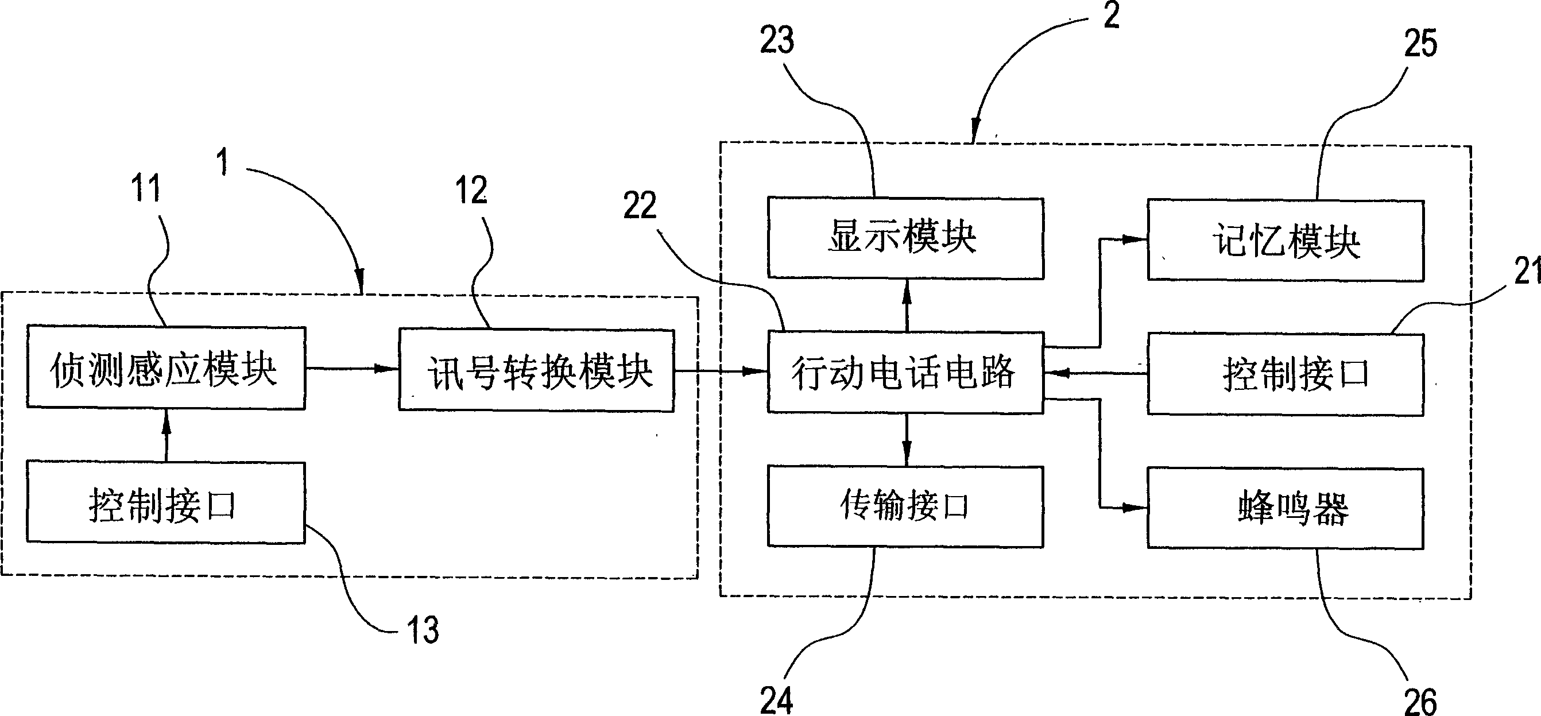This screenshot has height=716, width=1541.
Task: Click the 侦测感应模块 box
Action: [166, 368]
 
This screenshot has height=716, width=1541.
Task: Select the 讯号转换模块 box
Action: [537, 370]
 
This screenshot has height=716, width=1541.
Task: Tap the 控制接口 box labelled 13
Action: [166, 502]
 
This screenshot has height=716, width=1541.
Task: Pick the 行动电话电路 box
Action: [905, 372]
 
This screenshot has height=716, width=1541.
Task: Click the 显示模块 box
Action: [905, 238]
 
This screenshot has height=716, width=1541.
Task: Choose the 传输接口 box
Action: [905, 506]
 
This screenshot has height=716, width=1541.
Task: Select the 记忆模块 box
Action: [1285, 241]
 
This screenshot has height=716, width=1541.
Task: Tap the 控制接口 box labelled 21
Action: [1285, 374]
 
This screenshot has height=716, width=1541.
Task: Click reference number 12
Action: [471, 190]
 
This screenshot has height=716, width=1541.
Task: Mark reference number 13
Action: [423, 630]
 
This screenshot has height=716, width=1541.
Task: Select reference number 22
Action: [640, 205]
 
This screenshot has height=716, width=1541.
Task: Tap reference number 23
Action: [777, 40]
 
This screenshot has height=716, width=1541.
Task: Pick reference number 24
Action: [776, 700]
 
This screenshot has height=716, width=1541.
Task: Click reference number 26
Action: [1420, 701]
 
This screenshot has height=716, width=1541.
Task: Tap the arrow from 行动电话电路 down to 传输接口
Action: [907, 439]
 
